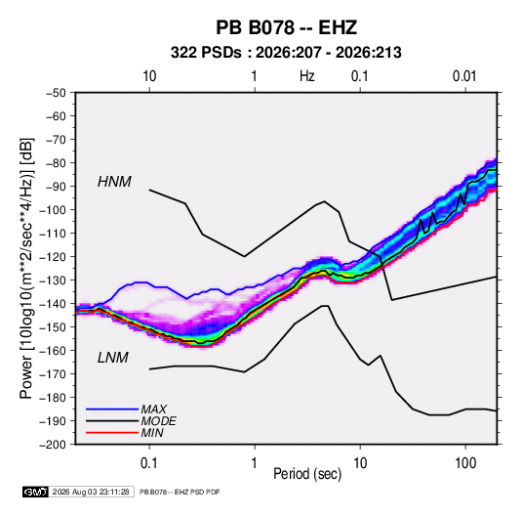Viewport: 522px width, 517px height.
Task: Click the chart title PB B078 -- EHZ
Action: pyautogui.click(x=286, y=27)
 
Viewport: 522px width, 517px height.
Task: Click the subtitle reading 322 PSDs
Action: pyautogui.click(x=206, y=53)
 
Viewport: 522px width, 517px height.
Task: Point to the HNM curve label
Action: pyautogui.click(x=114, y=182)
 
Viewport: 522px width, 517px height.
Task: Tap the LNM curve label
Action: pyautogui.click(x=113, y=358)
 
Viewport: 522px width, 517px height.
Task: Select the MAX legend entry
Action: pyautogui.click(x=153, y=409)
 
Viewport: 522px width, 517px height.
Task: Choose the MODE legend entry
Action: pyautogui.click(x=158, y=421)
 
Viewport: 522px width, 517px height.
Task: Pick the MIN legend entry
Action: pyautogui.click(x=152, y=433)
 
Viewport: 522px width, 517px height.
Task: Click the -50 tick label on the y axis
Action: pyautogui.click(x=56, y=93)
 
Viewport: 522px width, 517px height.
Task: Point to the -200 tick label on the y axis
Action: pyautogui.click(x=53, y=445)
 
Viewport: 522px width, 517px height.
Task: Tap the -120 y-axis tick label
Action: pyautogui.click(x=53, y=257)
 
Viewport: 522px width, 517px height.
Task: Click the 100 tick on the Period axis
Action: pyautogui.click(x=465, y=463)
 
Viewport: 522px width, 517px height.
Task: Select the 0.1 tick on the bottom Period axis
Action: pyautogui.click(x=149, y=463)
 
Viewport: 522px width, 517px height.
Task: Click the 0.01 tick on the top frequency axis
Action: pyautogui.click(x=464, y=76)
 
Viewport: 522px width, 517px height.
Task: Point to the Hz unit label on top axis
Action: pyautogui.click(x=307, y=76)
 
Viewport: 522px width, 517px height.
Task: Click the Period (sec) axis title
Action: pyautogui.click(x=307, y=474)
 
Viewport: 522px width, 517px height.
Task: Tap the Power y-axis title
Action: pyautogui.click(x=26, y=268)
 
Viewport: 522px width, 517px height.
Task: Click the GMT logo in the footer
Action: pyautogui.click(x=36, y=492)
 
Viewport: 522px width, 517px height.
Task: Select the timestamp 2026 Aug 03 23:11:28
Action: pyautogui.click(x=91, y=492)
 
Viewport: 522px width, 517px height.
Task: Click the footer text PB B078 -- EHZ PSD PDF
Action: pyautogui.click(x=180, y=492)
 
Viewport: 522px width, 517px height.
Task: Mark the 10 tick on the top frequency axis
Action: pyautogui.click(x=149, y=76)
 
